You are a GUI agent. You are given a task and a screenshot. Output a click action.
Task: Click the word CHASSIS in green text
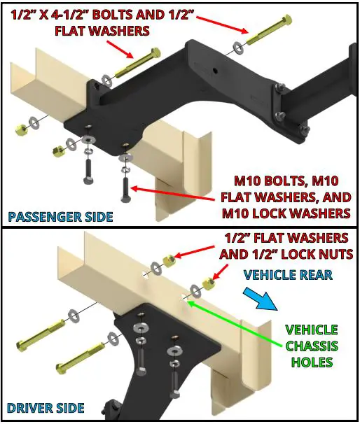pyautogui.click(x=312, y=346)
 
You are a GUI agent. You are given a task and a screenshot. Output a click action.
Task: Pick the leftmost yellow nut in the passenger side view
pyautogui.click(x=21, y=129)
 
